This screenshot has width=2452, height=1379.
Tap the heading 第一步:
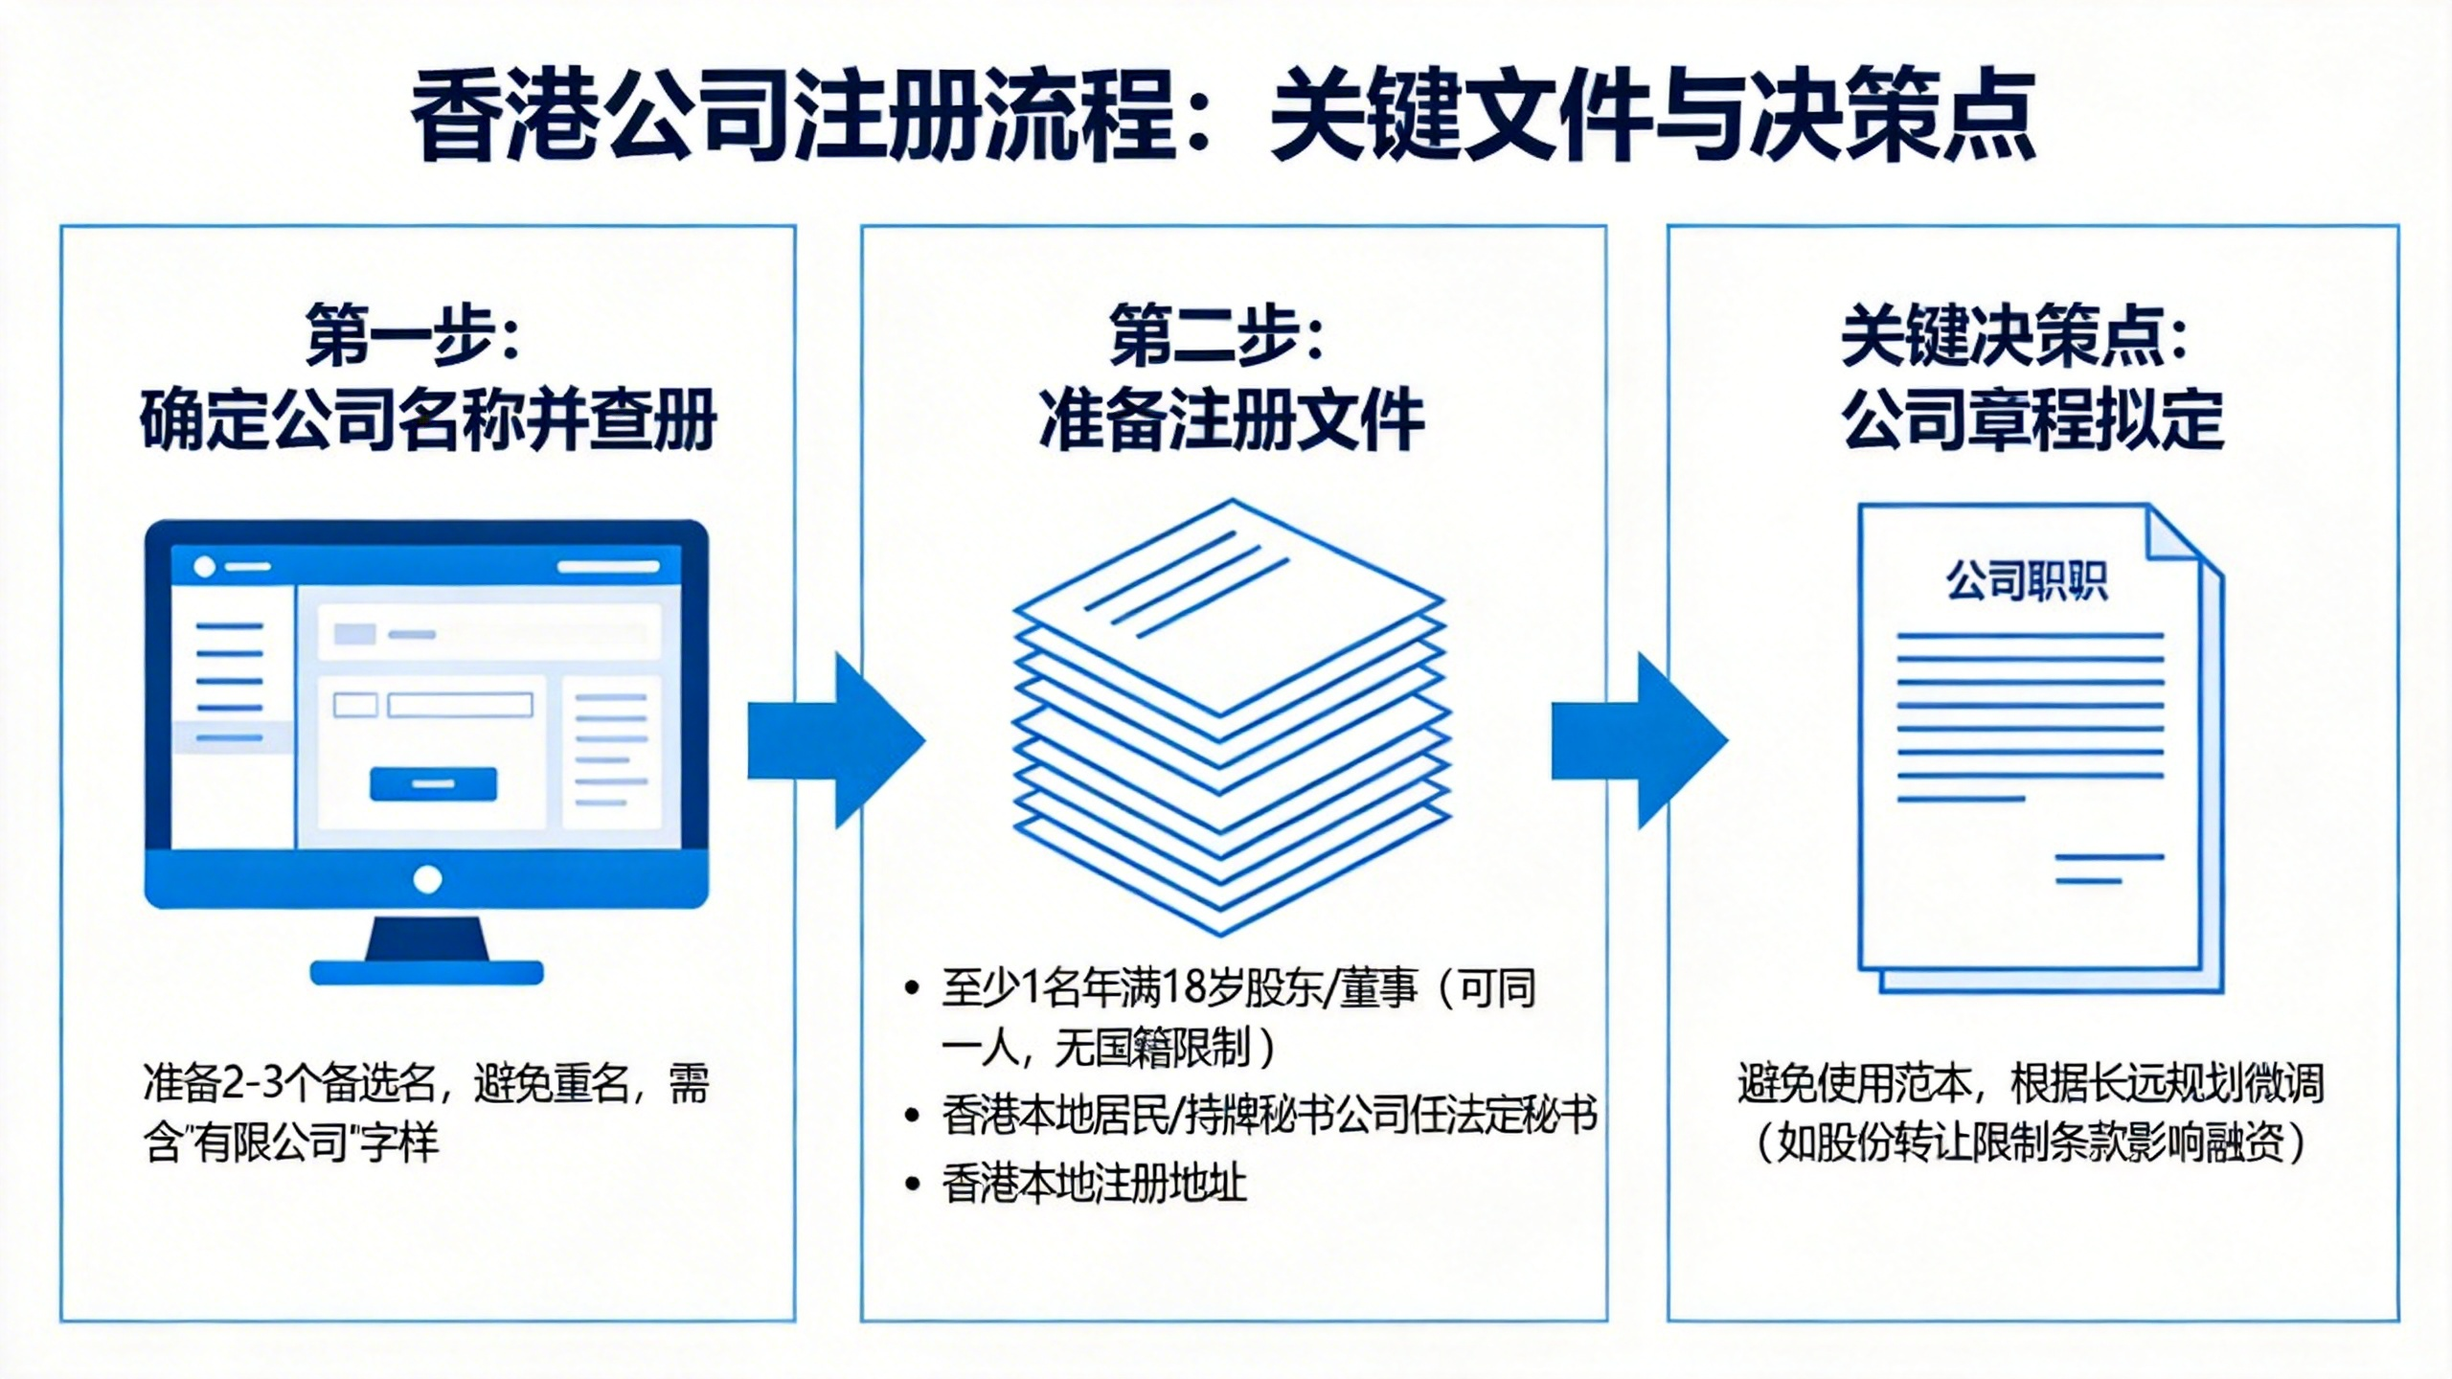(413, 336)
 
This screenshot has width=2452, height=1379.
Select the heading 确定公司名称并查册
(428, 419)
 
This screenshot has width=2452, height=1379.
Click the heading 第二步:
(1216, 336)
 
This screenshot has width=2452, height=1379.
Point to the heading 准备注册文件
(1232, 419)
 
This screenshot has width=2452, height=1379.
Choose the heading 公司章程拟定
(2032, 419)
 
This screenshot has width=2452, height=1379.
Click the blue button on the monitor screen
(433, 783)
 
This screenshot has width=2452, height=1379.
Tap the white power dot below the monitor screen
(427, 879)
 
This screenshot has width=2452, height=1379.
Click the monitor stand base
(427, 971)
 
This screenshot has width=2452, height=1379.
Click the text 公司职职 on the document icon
(2027, 581)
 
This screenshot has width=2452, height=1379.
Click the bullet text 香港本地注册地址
(1094, 1185)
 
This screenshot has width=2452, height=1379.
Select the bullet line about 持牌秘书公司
(1269, 1116)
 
